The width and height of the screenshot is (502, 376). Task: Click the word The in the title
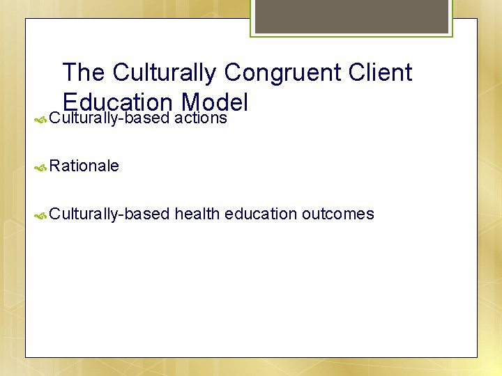point(84,72)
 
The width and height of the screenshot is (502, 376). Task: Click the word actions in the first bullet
point(201,118)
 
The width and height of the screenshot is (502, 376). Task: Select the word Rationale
point(84,166)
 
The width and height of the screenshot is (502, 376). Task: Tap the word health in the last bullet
point(197,214)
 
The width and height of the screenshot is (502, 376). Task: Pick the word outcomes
point(338,214)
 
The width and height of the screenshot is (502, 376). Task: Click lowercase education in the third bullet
point(261,214)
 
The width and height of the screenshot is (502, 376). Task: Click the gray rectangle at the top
point(351,16)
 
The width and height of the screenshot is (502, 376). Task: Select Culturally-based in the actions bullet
point(109,118)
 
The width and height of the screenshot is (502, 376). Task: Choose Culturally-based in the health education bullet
point(109,214)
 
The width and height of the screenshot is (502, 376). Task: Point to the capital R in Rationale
point(55,166)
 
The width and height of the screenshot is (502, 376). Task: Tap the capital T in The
point(69,72)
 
